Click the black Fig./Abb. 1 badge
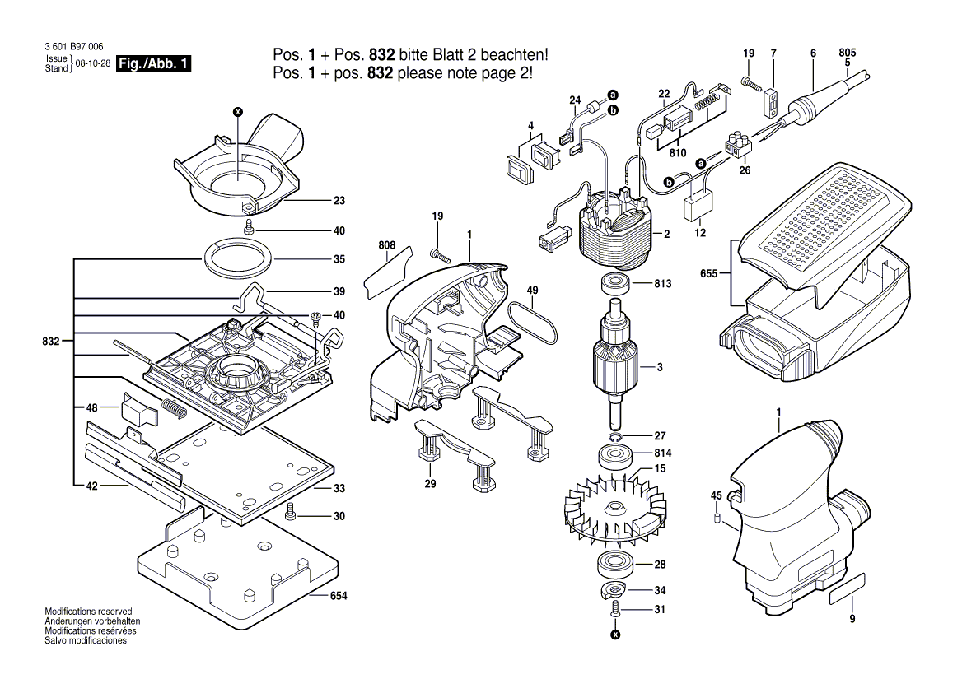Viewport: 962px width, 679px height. coord(155,63)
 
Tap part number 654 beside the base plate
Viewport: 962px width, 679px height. coord(339,594)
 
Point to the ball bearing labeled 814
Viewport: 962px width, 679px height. coord(615,454)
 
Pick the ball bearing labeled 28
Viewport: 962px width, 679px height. coord(614,565)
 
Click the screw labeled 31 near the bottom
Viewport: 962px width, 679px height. coord(615,610)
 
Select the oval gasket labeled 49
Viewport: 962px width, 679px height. coord(533,323)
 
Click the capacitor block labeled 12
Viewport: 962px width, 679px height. coord(701,203)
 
